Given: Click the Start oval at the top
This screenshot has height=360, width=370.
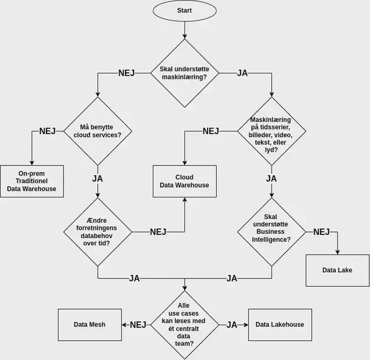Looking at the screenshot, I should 184,10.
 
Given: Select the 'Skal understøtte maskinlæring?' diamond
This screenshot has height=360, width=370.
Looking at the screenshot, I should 184,74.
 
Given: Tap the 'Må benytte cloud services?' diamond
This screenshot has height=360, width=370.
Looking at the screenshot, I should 98,131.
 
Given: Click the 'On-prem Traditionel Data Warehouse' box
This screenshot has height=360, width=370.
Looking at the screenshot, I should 32,181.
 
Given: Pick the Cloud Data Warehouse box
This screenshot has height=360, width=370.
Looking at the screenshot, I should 184,181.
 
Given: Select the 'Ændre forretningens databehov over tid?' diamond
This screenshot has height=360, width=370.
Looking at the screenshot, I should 98,232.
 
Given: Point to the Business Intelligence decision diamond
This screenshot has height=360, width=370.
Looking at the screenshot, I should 271,232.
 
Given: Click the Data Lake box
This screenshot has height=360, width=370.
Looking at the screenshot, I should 337,270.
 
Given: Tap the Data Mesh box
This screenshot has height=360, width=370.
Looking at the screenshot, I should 90,325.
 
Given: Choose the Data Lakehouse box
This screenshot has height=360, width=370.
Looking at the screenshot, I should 280,325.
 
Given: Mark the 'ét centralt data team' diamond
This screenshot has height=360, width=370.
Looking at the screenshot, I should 184,325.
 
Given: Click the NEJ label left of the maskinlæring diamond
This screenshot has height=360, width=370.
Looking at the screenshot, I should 127,74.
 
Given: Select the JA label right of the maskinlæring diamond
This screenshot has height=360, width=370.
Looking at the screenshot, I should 243,74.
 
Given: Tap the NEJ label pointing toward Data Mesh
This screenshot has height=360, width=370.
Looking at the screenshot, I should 138,325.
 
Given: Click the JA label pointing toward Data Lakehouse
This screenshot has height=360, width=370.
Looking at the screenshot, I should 232,325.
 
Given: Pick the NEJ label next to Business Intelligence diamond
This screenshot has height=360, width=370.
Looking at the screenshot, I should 321,232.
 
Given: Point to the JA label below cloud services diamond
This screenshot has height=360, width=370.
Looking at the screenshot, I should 98,178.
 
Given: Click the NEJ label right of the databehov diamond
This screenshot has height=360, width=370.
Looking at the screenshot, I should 158,232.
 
